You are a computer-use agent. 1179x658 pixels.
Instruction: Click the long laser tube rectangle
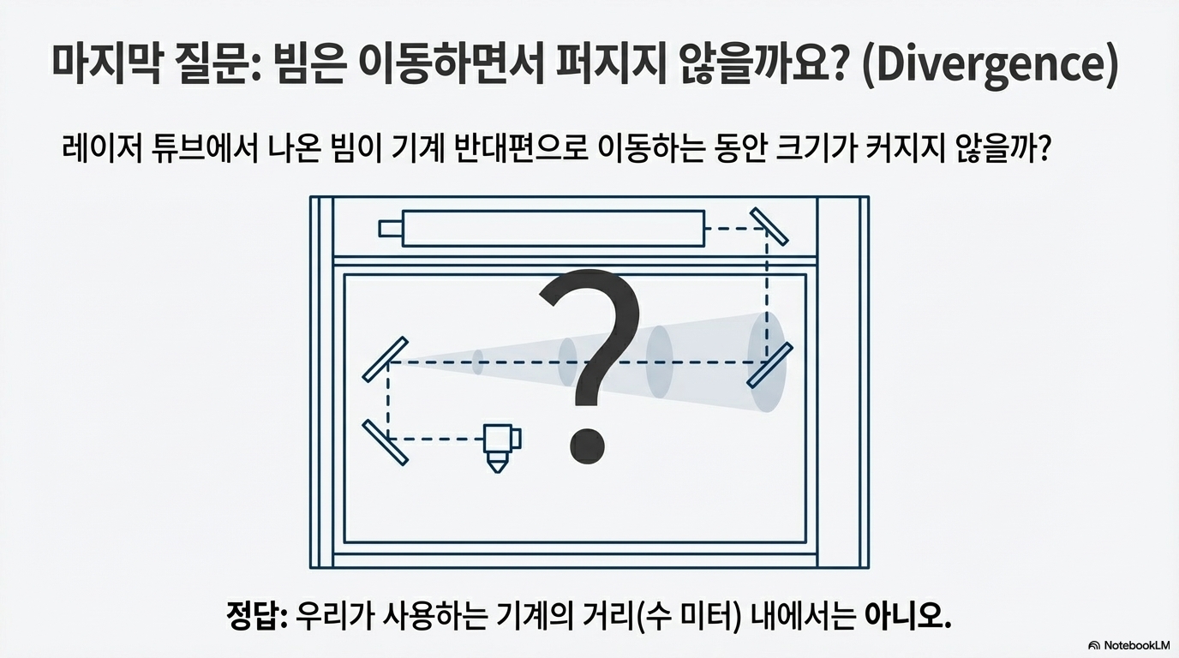pos(554,229)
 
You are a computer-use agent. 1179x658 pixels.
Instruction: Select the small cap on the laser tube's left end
pos(390,229)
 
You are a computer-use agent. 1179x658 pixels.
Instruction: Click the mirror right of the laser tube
pos(769,225)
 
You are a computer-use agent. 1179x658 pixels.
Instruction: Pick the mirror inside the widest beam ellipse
pos(770,364)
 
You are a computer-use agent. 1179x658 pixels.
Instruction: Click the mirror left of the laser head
pos(385,441)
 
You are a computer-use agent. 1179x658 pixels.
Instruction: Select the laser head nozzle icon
pos(500,446)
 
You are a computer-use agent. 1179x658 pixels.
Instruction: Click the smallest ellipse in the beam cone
pos(478,362)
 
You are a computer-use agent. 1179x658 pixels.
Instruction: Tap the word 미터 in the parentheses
pos(701,615)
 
